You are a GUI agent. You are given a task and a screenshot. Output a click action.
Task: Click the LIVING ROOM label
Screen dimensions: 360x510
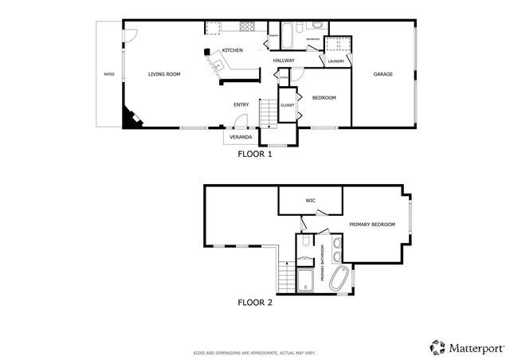(164, 74)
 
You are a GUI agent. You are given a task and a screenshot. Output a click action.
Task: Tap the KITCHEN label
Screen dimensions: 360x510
(232, 51)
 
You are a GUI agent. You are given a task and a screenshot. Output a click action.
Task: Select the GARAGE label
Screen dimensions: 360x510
(383, 74)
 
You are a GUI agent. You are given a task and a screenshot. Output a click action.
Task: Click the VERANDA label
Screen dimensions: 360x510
(241, 137)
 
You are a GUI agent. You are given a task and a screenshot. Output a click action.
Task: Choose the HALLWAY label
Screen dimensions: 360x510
(284, 61)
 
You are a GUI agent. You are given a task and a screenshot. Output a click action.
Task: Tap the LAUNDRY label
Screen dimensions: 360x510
(335, 61)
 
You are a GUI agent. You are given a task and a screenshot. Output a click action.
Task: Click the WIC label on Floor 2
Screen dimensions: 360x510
(311, 201)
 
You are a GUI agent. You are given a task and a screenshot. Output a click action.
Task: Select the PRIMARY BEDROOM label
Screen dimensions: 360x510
(372, 225)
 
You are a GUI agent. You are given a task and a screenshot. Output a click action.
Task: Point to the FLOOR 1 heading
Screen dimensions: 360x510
(255, 155)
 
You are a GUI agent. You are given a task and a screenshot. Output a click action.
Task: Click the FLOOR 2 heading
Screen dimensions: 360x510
(255, 302)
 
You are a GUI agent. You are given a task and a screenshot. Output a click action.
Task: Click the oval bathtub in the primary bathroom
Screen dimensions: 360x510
(339, 278)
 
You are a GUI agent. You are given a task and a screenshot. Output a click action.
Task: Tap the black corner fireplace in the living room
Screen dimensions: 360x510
(129, 119)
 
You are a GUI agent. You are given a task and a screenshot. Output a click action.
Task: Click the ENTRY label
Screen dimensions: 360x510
(241, 104)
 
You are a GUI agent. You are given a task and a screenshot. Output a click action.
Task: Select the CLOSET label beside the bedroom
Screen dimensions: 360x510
(288, 104)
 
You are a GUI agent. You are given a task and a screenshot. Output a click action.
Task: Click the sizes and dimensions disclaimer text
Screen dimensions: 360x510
(255, 351)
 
